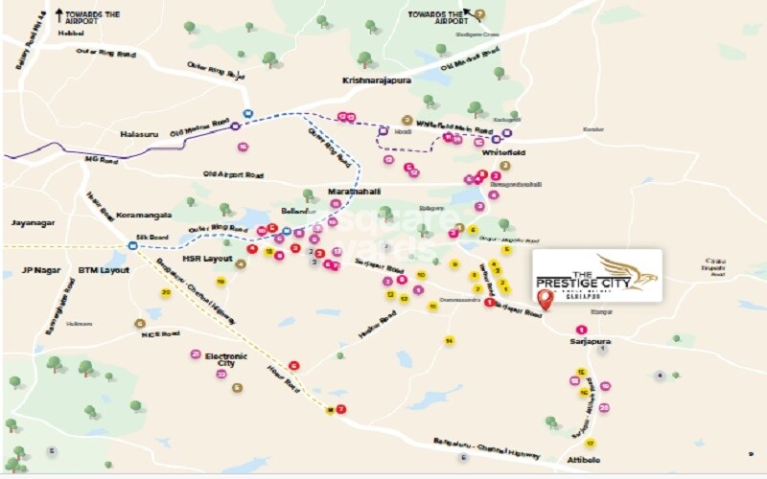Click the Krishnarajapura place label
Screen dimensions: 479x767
tap(377, 81)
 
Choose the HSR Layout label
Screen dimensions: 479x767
tap(207, 259)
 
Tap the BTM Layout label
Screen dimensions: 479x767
tap(104, 270)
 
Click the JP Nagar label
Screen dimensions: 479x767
tap(41, 270)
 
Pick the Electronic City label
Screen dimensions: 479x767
tap(226, 360)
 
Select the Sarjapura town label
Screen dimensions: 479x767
tap(590, 340)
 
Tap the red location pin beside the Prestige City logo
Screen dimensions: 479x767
tap(546, 299)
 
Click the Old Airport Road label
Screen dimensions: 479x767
tap(233, 173)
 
